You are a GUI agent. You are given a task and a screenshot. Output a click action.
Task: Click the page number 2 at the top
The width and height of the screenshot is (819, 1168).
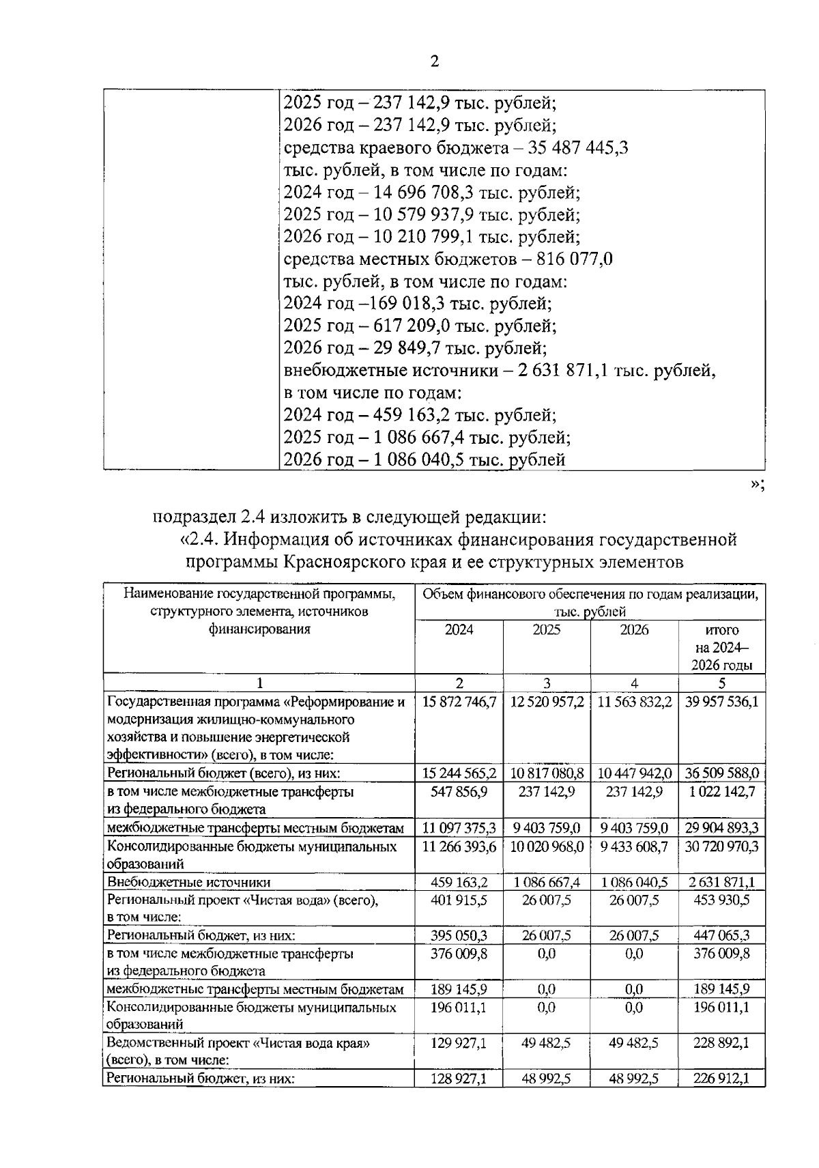point(435,61)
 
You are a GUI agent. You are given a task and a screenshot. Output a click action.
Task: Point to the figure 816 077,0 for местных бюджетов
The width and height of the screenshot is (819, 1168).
point(575,260)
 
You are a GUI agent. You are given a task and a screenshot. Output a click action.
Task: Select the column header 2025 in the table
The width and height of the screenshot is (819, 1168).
point(546,630)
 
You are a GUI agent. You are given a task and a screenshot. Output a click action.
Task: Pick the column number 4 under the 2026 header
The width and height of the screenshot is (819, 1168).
point(634,683)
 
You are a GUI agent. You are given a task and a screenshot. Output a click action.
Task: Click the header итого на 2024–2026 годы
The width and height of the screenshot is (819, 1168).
point(721,647)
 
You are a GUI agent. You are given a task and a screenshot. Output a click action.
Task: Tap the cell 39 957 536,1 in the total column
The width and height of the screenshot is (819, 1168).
point(721,702)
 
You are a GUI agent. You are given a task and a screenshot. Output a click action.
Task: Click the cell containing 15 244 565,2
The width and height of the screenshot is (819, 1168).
point(459,773)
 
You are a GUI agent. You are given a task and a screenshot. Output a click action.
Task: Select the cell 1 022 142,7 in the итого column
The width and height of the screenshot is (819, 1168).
point(721,792)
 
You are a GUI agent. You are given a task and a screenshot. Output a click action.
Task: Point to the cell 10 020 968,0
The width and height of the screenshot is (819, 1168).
point(546,847)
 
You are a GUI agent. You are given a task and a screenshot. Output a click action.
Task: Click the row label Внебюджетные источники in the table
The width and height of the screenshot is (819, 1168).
point(188,883)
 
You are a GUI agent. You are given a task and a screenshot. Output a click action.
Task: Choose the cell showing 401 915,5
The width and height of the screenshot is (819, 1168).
point(459,900)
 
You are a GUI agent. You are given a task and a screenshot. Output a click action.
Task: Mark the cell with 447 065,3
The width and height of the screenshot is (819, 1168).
point(721,936)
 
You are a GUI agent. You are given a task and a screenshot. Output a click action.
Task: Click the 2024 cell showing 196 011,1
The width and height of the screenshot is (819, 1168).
point(459,1008)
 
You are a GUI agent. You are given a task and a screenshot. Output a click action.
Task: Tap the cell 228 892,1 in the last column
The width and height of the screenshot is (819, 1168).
point(721,1044)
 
